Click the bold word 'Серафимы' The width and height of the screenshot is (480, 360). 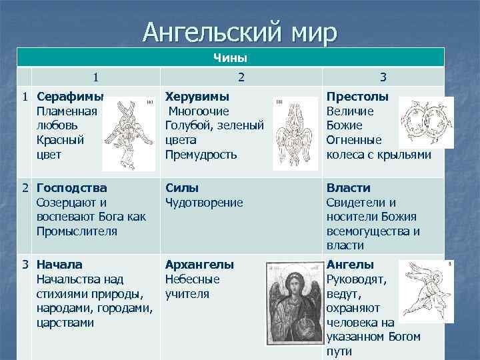pos(67,96)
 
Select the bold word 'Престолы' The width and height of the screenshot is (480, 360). pos(357,96)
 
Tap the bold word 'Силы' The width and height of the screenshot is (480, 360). pos(182,188)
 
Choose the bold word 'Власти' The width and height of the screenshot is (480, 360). pos(348,188)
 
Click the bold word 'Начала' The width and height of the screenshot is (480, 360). pos(60,265)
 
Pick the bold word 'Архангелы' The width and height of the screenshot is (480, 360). pos(199,265)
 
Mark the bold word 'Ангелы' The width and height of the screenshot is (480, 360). pos(351,265)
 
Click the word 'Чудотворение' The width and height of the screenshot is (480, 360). pos(204,203)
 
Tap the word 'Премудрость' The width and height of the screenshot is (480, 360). pos(201,155)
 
